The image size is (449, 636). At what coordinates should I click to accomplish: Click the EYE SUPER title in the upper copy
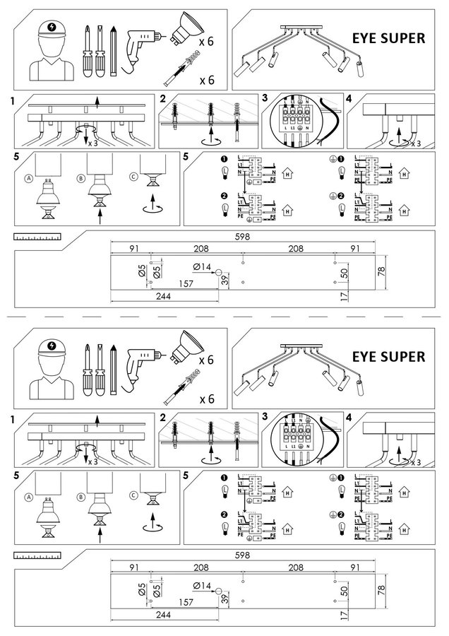point(388,38)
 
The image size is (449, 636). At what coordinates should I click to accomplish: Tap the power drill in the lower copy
point(144,360)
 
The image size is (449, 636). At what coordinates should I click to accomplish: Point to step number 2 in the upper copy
point(163,98)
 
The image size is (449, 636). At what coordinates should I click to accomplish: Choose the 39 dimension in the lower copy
point(225,597)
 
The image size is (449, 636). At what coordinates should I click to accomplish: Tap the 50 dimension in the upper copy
point(344,273)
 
